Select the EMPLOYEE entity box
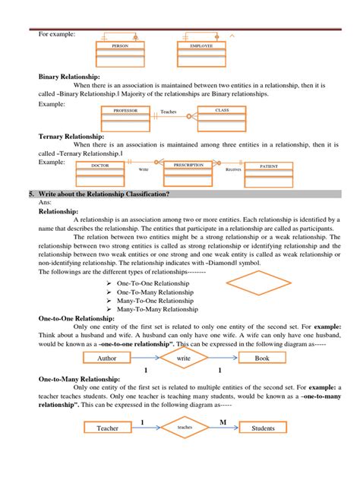(196, 53)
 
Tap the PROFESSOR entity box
(126, 117)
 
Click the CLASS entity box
(223, 117)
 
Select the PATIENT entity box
(269, 171)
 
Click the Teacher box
(107, 428)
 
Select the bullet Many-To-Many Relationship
(159, 310)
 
